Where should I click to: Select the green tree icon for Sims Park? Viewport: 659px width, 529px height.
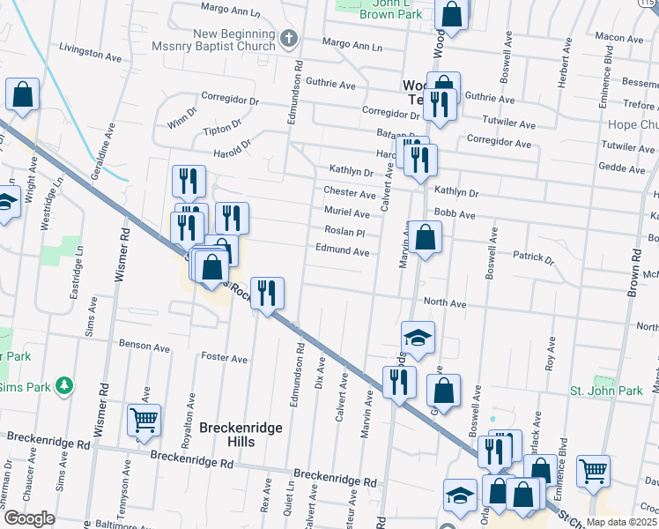point(63,385)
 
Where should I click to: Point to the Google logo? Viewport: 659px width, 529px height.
point(29,518)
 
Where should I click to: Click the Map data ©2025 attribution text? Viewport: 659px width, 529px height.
point(620,522)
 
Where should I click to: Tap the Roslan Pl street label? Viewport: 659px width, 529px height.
point(344,233)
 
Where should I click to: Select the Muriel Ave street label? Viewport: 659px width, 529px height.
point(346,212)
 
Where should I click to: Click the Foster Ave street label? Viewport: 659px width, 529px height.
point(224,358)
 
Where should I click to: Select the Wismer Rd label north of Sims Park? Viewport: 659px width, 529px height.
point(122,257)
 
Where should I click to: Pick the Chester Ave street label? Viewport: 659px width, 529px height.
point(349,192)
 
